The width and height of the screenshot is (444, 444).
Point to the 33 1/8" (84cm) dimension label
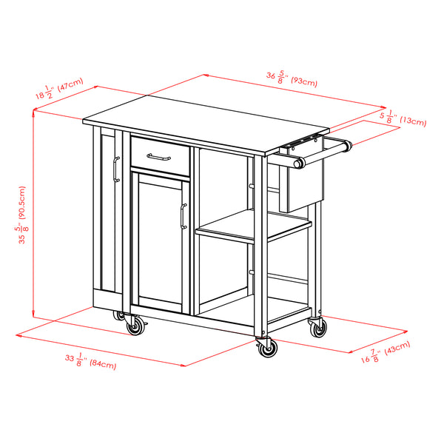[x=90, y=362]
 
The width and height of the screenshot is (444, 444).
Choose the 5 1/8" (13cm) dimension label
[x=403, y=119]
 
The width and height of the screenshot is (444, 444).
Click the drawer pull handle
[x=158, y=156]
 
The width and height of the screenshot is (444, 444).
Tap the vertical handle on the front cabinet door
[x=181, y=216]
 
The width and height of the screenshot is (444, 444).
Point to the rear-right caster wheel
[x=318, y=329]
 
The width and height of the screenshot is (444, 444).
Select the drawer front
[x=159, y=153]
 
